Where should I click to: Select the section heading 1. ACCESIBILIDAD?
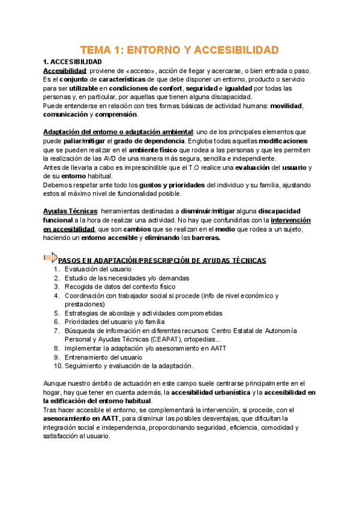tap(73, 62)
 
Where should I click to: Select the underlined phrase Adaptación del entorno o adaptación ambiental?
tap(118, 132)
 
